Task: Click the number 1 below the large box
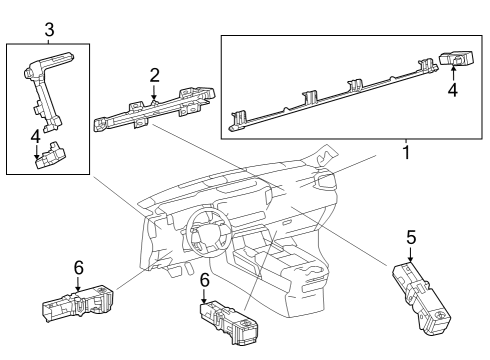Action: pos(405,155)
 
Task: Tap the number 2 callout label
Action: pos(154,74)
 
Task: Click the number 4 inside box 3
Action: pos(36,135)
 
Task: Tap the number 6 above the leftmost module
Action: pos(78,267)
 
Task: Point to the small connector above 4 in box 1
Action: pos(456,63)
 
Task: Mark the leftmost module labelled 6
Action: pos(77,304)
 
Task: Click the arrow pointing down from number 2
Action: pos(154,92)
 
